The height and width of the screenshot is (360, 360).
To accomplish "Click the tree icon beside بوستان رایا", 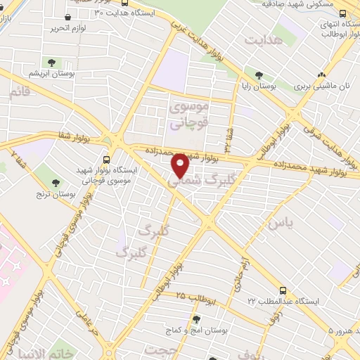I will [259, 75].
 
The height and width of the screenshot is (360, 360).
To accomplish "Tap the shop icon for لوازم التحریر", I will [67, 17].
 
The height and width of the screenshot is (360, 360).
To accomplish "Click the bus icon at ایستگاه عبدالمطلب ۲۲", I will [283, 290].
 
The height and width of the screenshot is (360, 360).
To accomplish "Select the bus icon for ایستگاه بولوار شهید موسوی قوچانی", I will [107, 160].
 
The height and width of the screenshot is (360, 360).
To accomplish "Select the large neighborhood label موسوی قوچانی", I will [188, 115].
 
